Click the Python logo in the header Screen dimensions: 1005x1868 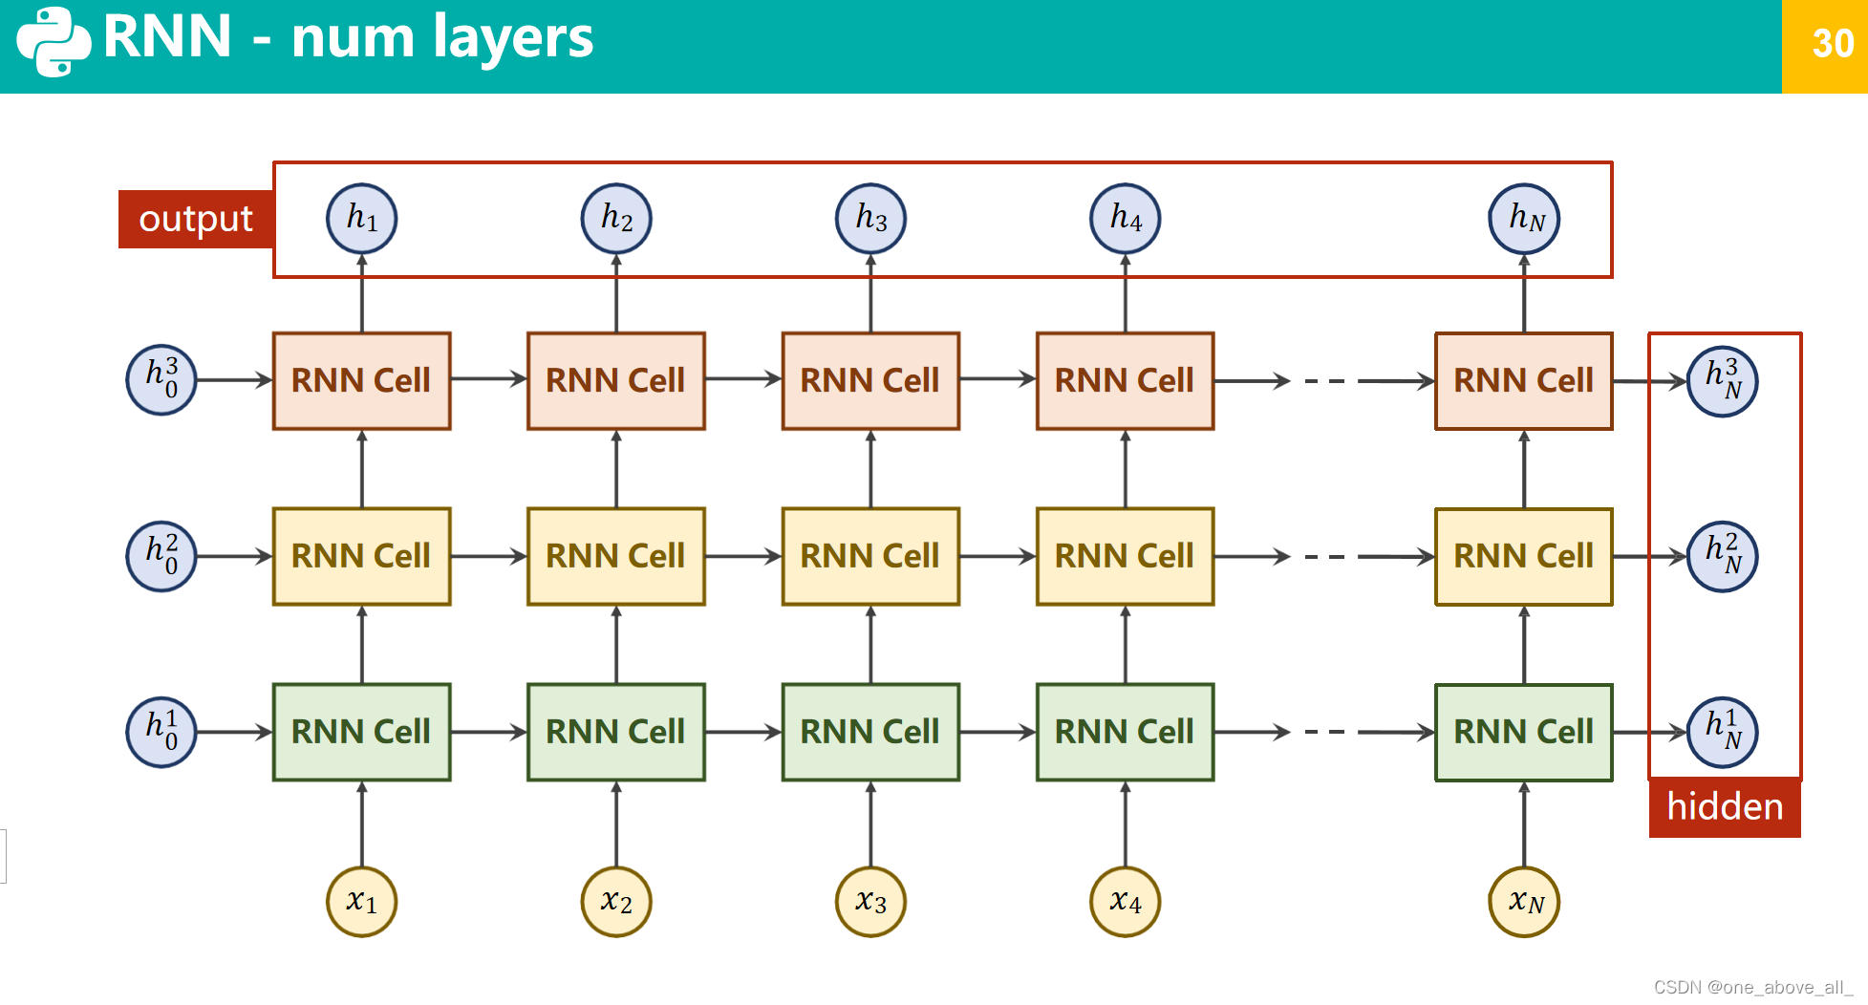click(54, 41)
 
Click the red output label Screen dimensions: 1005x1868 click(196, 219)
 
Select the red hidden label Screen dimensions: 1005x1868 click(1724, 807)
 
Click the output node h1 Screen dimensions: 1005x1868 click(361, 219)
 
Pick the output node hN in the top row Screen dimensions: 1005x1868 click(1524, 219)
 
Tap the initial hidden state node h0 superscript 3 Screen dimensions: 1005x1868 click(161, 379)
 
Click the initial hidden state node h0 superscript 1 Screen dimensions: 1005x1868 click(161, 732)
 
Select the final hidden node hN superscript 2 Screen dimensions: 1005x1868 click(1722, 556)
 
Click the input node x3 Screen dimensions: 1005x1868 click(870, 902)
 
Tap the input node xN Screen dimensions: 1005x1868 click(1524, 902)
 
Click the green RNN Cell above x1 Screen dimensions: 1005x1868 click(361, 732)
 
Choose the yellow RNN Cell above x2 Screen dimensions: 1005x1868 click(616, 556)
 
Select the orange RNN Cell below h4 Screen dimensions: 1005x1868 click(1125, 380)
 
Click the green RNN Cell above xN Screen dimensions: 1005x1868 click(1523, 732)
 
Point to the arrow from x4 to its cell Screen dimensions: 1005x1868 click(1125, 823)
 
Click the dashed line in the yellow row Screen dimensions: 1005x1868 click(1324, 556)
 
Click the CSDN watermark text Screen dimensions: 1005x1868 click(1752, 987)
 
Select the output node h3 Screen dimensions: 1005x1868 click(870, 219)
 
